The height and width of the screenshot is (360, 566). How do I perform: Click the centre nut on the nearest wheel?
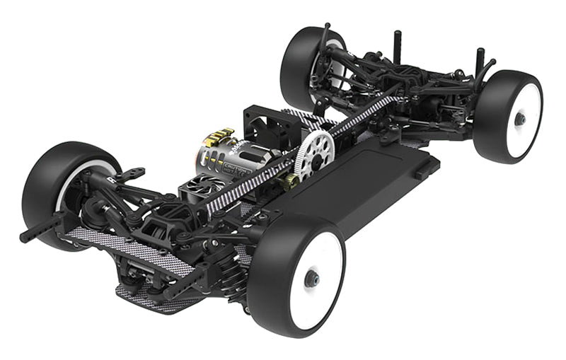tap(311, 279)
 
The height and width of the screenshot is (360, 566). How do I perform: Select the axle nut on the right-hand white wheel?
tap(520, 119)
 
